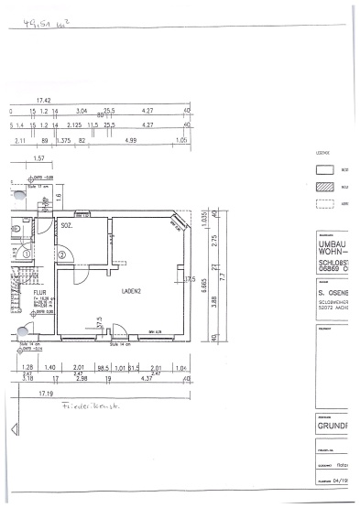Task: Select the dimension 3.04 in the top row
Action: [82, 110]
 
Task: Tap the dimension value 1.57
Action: [38, 158]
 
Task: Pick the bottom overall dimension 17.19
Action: [44, 391]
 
